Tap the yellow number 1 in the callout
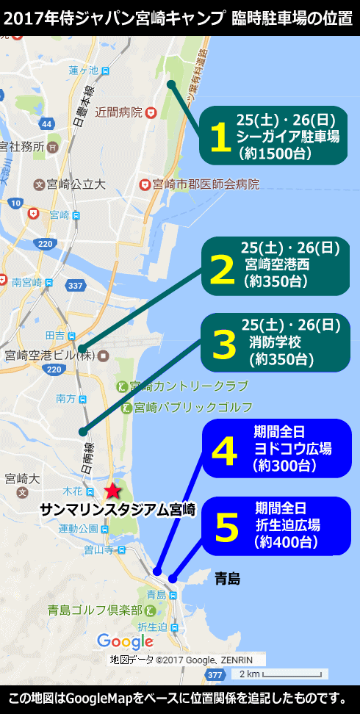[x=220, y=137]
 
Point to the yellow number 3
[x=221, y=343]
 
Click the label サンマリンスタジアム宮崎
[x=118, y=509]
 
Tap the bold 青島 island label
[x=228, y=580]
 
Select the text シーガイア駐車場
[x=288, y=137]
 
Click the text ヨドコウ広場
[x=292, y=449]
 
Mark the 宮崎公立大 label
[x=76, y=184]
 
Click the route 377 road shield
[x=215, y=674]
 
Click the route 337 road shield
[x=75, y=284]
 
